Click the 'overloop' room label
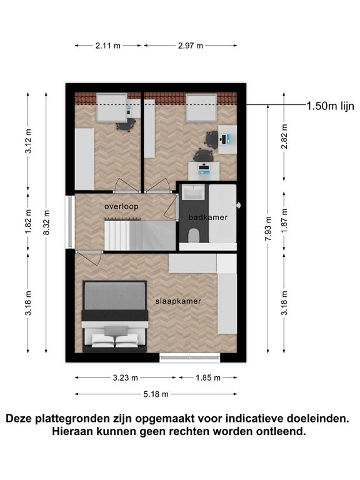(x=121, y=206)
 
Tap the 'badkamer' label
(x=208, y=217)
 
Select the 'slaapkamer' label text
(x=178, y=301)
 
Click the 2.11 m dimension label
(x=107, y=46)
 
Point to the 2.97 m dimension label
(x=191, y=46)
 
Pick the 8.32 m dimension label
(x=46, y=222)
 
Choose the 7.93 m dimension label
(x=268, y=229)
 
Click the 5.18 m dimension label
(x=156, y=394)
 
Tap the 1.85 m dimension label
(x=208, y=377)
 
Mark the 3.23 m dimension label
(x=125, y=377)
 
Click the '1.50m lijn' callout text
(x=330, y=106)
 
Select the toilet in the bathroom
(x=194, y=236)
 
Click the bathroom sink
(x=193, y=192)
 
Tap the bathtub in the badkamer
(x=222, y=213)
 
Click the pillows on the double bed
(x=115, y=341)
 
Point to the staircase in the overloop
(x=140, y=235)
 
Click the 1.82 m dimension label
(x=28, y=221)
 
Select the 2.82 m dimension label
(x=284, y=136)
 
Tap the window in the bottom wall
(x=190, y=357)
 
